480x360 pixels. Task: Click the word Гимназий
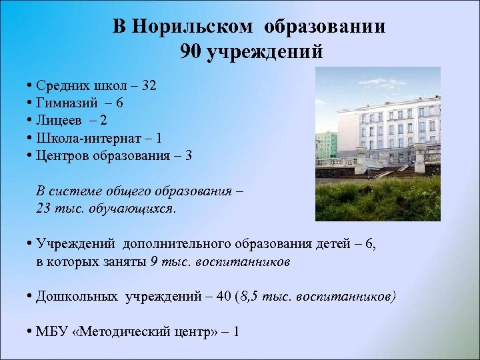click(63, 103)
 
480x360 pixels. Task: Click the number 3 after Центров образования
click(189, 156)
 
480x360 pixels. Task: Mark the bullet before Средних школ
click(31, 86)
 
